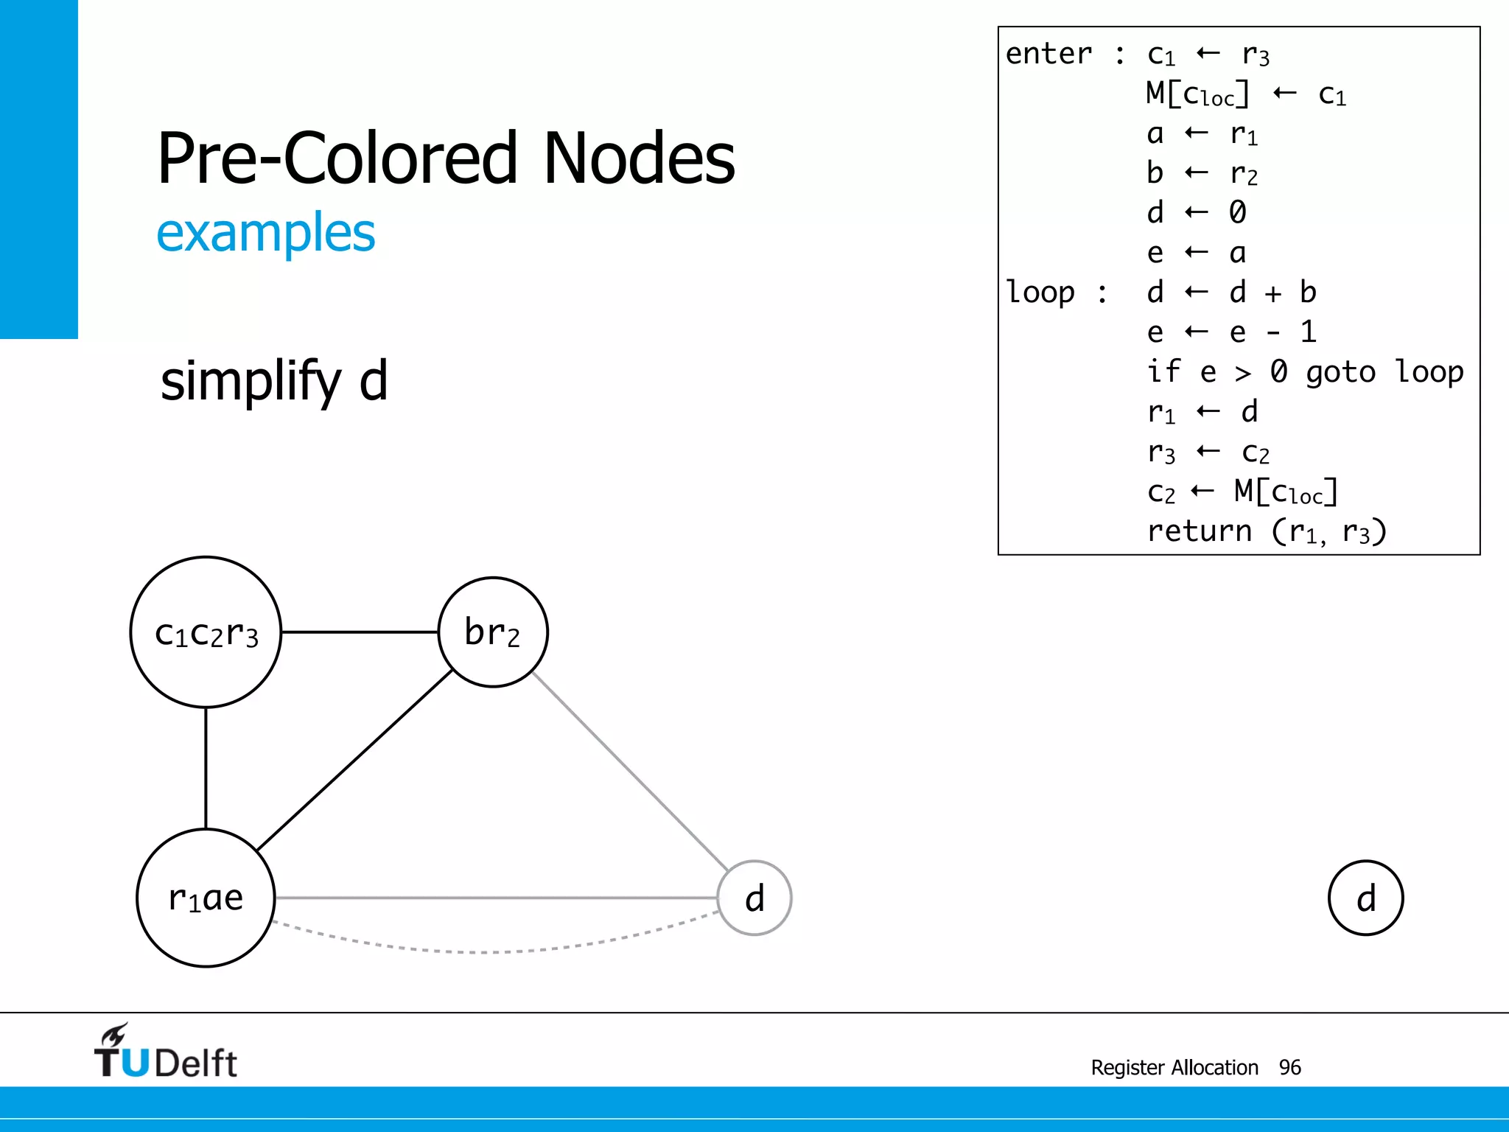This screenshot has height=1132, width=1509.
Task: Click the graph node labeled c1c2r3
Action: (206, 632)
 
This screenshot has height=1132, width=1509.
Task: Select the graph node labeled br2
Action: (493, 632)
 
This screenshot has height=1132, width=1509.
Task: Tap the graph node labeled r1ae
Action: (206, 898)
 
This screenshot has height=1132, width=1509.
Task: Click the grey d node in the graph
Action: (754, 898)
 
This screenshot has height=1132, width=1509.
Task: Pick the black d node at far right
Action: (1365, 898)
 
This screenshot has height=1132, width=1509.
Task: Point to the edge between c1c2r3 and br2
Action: (360, 632)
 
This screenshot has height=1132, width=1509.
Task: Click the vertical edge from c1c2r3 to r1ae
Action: (206, 768)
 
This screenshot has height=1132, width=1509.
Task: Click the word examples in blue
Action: (266, 233)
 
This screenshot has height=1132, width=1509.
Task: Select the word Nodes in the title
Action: (639, 158)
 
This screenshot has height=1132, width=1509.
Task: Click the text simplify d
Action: (274, 381)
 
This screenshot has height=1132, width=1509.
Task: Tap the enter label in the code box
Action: (1048, 54)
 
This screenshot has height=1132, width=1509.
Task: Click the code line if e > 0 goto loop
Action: (1304, 371)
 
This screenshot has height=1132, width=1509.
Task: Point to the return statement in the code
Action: (1266, 531)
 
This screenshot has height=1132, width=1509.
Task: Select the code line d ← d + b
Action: (1230, 292)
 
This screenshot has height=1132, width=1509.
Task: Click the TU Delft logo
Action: (166, 1052)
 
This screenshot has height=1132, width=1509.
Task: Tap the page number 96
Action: (1289, 1067)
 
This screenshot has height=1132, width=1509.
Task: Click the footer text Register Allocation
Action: (1174, 1067)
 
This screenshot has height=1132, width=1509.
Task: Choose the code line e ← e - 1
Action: (1230, 332)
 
